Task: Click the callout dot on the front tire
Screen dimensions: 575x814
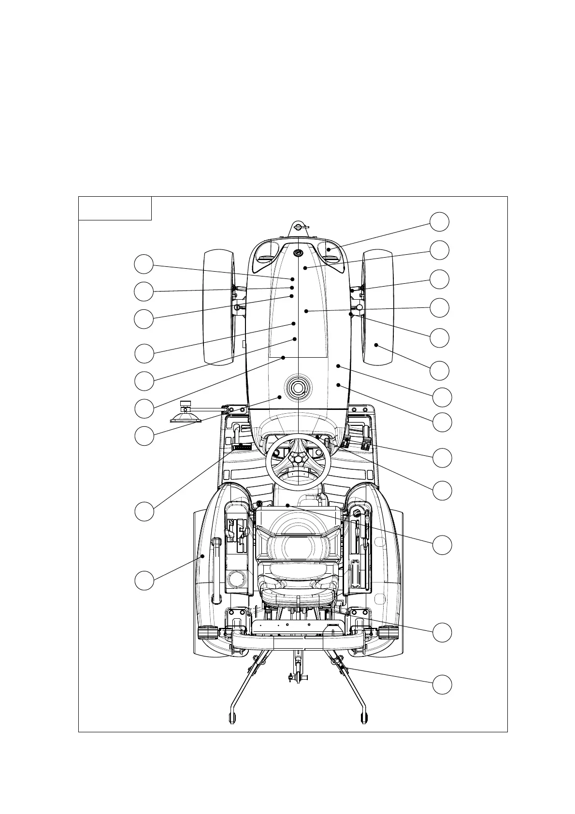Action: (x=376, y=345)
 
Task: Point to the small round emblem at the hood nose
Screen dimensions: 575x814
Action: (x=298, y=252)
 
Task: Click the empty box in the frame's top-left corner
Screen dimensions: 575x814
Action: (x=115, y=208)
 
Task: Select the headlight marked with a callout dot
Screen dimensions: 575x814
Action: (x=329, y=250)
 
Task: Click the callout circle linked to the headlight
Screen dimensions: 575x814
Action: (x=440, y=221)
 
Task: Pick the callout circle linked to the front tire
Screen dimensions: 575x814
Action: (x=440, y=371)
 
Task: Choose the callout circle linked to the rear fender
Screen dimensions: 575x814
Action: (x=144, y=580)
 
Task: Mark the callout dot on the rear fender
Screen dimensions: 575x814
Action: (x=203, y=556)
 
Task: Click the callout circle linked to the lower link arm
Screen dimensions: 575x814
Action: (x=442, y=685)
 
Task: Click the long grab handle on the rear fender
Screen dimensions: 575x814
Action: (x=216, y=570)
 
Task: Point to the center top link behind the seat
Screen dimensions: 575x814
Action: (x=298, y=667)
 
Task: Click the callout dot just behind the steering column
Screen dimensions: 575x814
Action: (x=287, y=505)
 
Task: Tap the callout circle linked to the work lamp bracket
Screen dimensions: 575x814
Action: (x=144, y=436)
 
